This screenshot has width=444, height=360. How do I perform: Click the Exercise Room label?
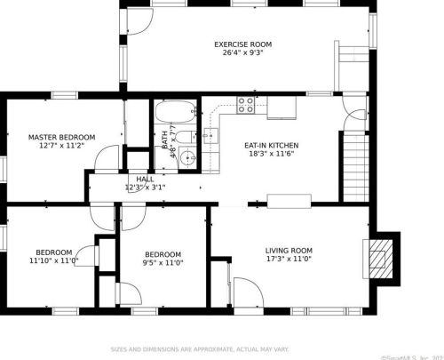(242, 44)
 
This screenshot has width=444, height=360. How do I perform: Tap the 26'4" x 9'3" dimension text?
(242, 52)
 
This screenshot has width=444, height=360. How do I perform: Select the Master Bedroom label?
(61, 137)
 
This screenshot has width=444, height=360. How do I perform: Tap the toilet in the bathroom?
(183, 136)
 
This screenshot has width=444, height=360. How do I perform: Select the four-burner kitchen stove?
(245, 106)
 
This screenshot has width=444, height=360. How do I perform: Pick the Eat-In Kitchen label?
(271, 145)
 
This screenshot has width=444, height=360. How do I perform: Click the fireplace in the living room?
(379, 258)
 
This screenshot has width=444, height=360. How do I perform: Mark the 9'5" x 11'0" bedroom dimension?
(163, 262)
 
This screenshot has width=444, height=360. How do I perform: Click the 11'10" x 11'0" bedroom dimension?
(53, 261)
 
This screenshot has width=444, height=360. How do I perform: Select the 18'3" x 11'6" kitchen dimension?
(271, 155)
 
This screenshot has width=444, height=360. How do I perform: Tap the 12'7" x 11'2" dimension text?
(61, 146)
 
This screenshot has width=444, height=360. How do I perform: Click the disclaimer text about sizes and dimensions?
(205, 349)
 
